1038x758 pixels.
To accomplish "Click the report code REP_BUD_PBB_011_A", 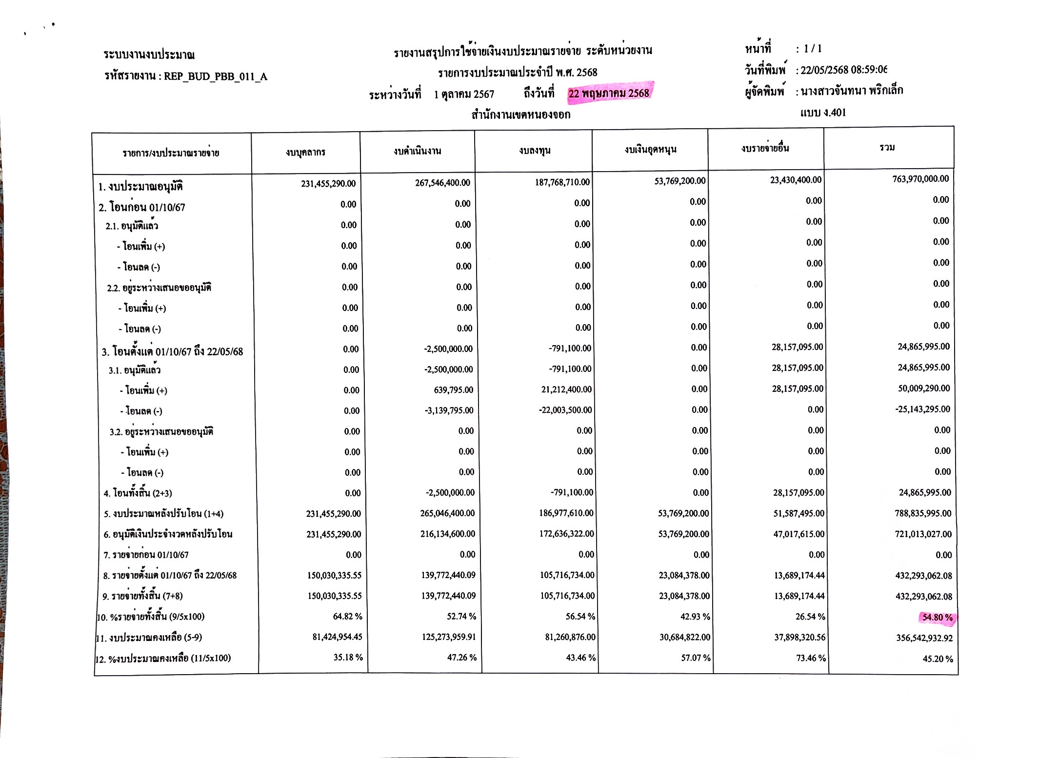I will coord(215,77).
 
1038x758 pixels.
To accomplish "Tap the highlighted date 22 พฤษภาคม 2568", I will coord(608,93).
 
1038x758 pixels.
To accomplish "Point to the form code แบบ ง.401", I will coord(823,113).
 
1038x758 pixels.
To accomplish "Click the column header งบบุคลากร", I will coord(305,153).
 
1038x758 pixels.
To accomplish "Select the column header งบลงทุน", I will coord(535,151).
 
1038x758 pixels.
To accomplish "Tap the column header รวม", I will coord(887,147).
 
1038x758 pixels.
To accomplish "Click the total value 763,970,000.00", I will coord(920,179).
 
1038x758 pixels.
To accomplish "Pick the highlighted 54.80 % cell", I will coord(937,618).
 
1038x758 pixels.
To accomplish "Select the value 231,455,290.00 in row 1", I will coord(328,184).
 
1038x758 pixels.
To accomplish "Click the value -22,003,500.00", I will coord(565,410).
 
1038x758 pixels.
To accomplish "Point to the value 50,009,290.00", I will coord(924,389).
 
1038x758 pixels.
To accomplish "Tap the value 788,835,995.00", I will coord(923,513).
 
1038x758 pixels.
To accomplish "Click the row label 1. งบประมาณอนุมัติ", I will coord(140,187).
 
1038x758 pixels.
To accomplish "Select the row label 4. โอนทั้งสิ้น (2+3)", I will coord(138,493).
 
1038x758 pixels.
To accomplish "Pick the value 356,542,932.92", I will coord(924,638).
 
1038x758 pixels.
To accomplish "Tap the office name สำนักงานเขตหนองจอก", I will coord(520,115).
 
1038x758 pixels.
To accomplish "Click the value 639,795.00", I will coord(453,390).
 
